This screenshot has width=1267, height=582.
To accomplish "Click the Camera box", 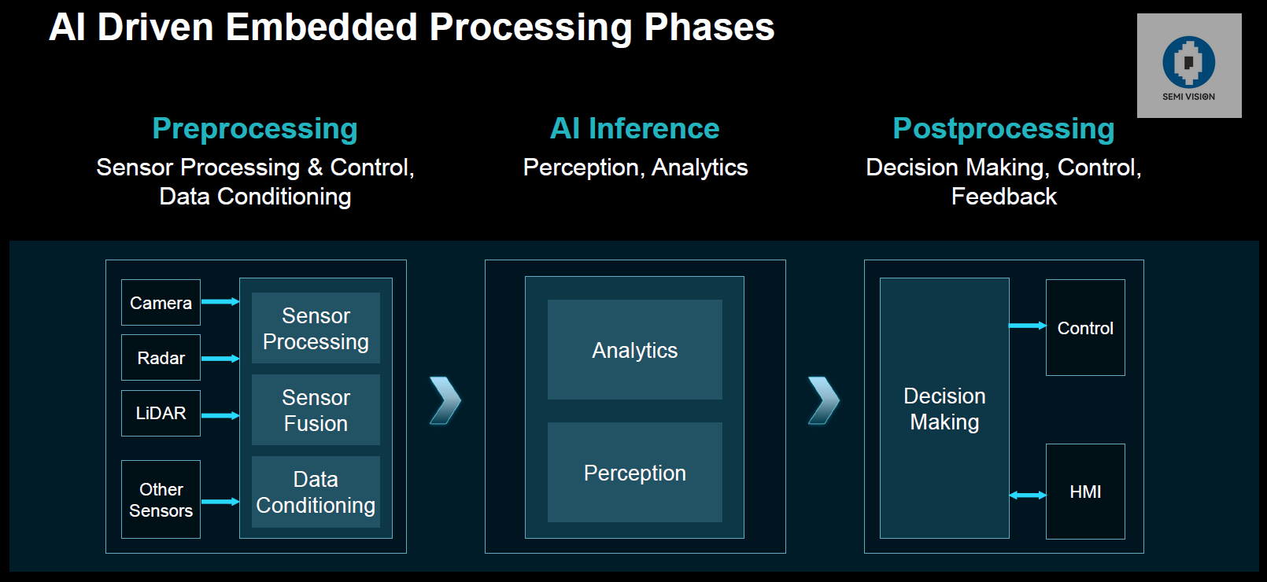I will [161, 303].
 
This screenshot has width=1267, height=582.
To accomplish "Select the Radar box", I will [161, 358].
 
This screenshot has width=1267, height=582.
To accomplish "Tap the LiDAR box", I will [161, 413].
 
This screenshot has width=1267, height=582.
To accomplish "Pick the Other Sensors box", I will [161, 499].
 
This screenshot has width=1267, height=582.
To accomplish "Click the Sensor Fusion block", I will [316, 410].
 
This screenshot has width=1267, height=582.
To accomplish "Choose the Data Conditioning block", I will [316, 492].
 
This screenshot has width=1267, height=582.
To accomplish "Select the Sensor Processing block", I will [316, 328].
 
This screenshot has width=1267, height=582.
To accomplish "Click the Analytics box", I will [634, 350].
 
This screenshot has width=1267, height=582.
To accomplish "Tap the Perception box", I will [634, 473].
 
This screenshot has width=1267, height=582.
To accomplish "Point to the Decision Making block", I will [944, 408].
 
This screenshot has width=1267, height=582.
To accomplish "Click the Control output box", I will [1085, 328].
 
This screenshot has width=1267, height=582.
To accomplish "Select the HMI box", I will [1085, 492].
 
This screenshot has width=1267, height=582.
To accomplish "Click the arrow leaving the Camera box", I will [220, 301].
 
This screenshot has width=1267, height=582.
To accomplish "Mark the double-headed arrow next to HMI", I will [1028, 495].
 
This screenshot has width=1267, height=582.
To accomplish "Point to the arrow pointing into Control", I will [1028, 325].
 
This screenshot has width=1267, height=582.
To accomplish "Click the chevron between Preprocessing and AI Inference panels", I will [445, 400].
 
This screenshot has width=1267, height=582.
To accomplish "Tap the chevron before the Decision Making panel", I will [824, 400].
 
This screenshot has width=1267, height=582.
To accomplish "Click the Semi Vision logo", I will [1188, 65].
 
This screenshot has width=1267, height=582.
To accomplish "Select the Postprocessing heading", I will [1003, 128].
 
